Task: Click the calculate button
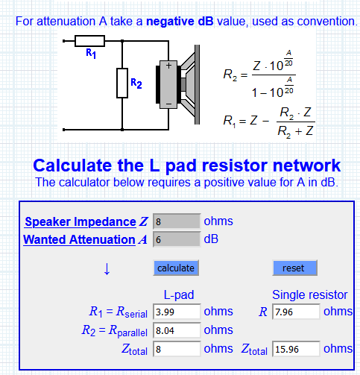[x=176, y=268]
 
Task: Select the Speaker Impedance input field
[x=177, y=221]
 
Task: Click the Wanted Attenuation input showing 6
[x=177, y=239]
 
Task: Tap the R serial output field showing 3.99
[x=177, y=312]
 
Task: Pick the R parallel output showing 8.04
[x=177, y=330]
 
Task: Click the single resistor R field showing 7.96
[x=296, y=312]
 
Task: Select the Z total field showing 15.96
[x=296, y=349]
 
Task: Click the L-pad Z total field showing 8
[x=177, y=349]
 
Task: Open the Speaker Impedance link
[x=80, y=221]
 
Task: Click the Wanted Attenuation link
[x=79, y=239]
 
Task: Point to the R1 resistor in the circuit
[x=89, y=41]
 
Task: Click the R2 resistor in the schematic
[x=122, y=83]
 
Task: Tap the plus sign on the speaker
[x=168, y=66]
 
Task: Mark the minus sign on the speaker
[x=168, y=104]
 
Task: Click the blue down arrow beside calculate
[x=107, y=268]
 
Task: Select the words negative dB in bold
[x=180, y=22]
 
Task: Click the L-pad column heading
[x=179, y=295]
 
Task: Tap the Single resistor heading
[x=309, y=295]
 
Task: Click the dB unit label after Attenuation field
[x=211, y=239]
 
